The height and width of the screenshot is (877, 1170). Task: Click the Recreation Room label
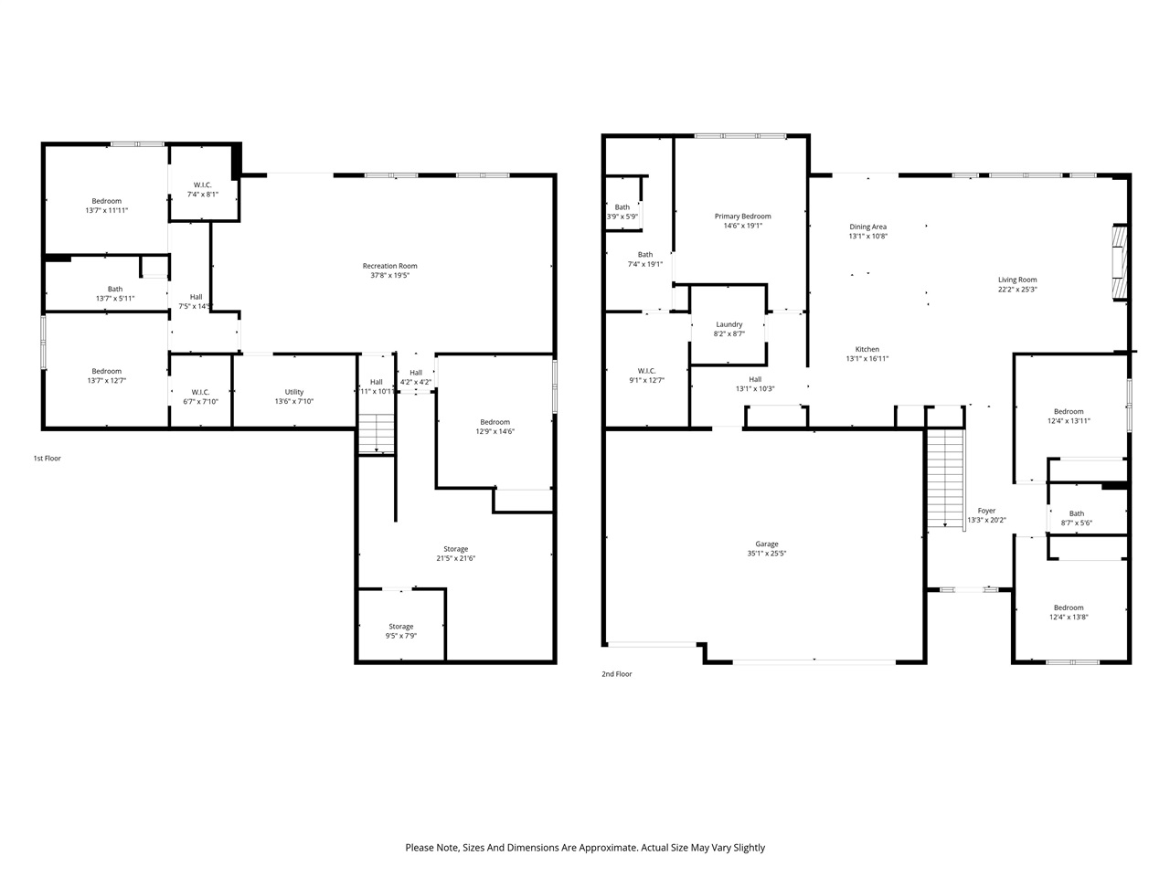pyautogui.click(x=389, y=266)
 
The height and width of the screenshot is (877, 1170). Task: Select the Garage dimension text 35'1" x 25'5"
pyautogui.click(x=766, y=554)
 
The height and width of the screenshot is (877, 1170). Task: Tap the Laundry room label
pyautogui.click(x=729, y=324)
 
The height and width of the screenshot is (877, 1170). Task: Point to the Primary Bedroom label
pyautogui.click(x=742, y=217)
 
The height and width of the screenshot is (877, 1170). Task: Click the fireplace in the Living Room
pyautogui.click(x=1118, y=262)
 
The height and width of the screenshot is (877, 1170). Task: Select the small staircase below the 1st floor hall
pyautogui.click(x=376, y=433)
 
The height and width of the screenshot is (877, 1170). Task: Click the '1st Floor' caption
pyautogui.click(x=47, y=459)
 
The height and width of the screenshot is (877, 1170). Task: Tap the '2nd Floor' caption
pyautogui.click(x=616, y=674)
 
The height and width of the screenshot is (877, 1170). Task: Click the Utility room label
pyautogui.click(x=293, y=392)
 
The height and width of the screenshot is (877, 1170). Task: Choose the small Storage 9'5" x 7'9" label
pyautogui.click(x=400, y=627)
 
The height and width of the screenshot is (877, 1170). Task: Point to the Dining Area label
pyautogui.click(x=867, y=227)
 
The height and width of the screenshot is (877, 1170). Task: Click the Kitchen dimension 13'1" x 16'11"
pyautogui.click(x=867, y=359)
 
